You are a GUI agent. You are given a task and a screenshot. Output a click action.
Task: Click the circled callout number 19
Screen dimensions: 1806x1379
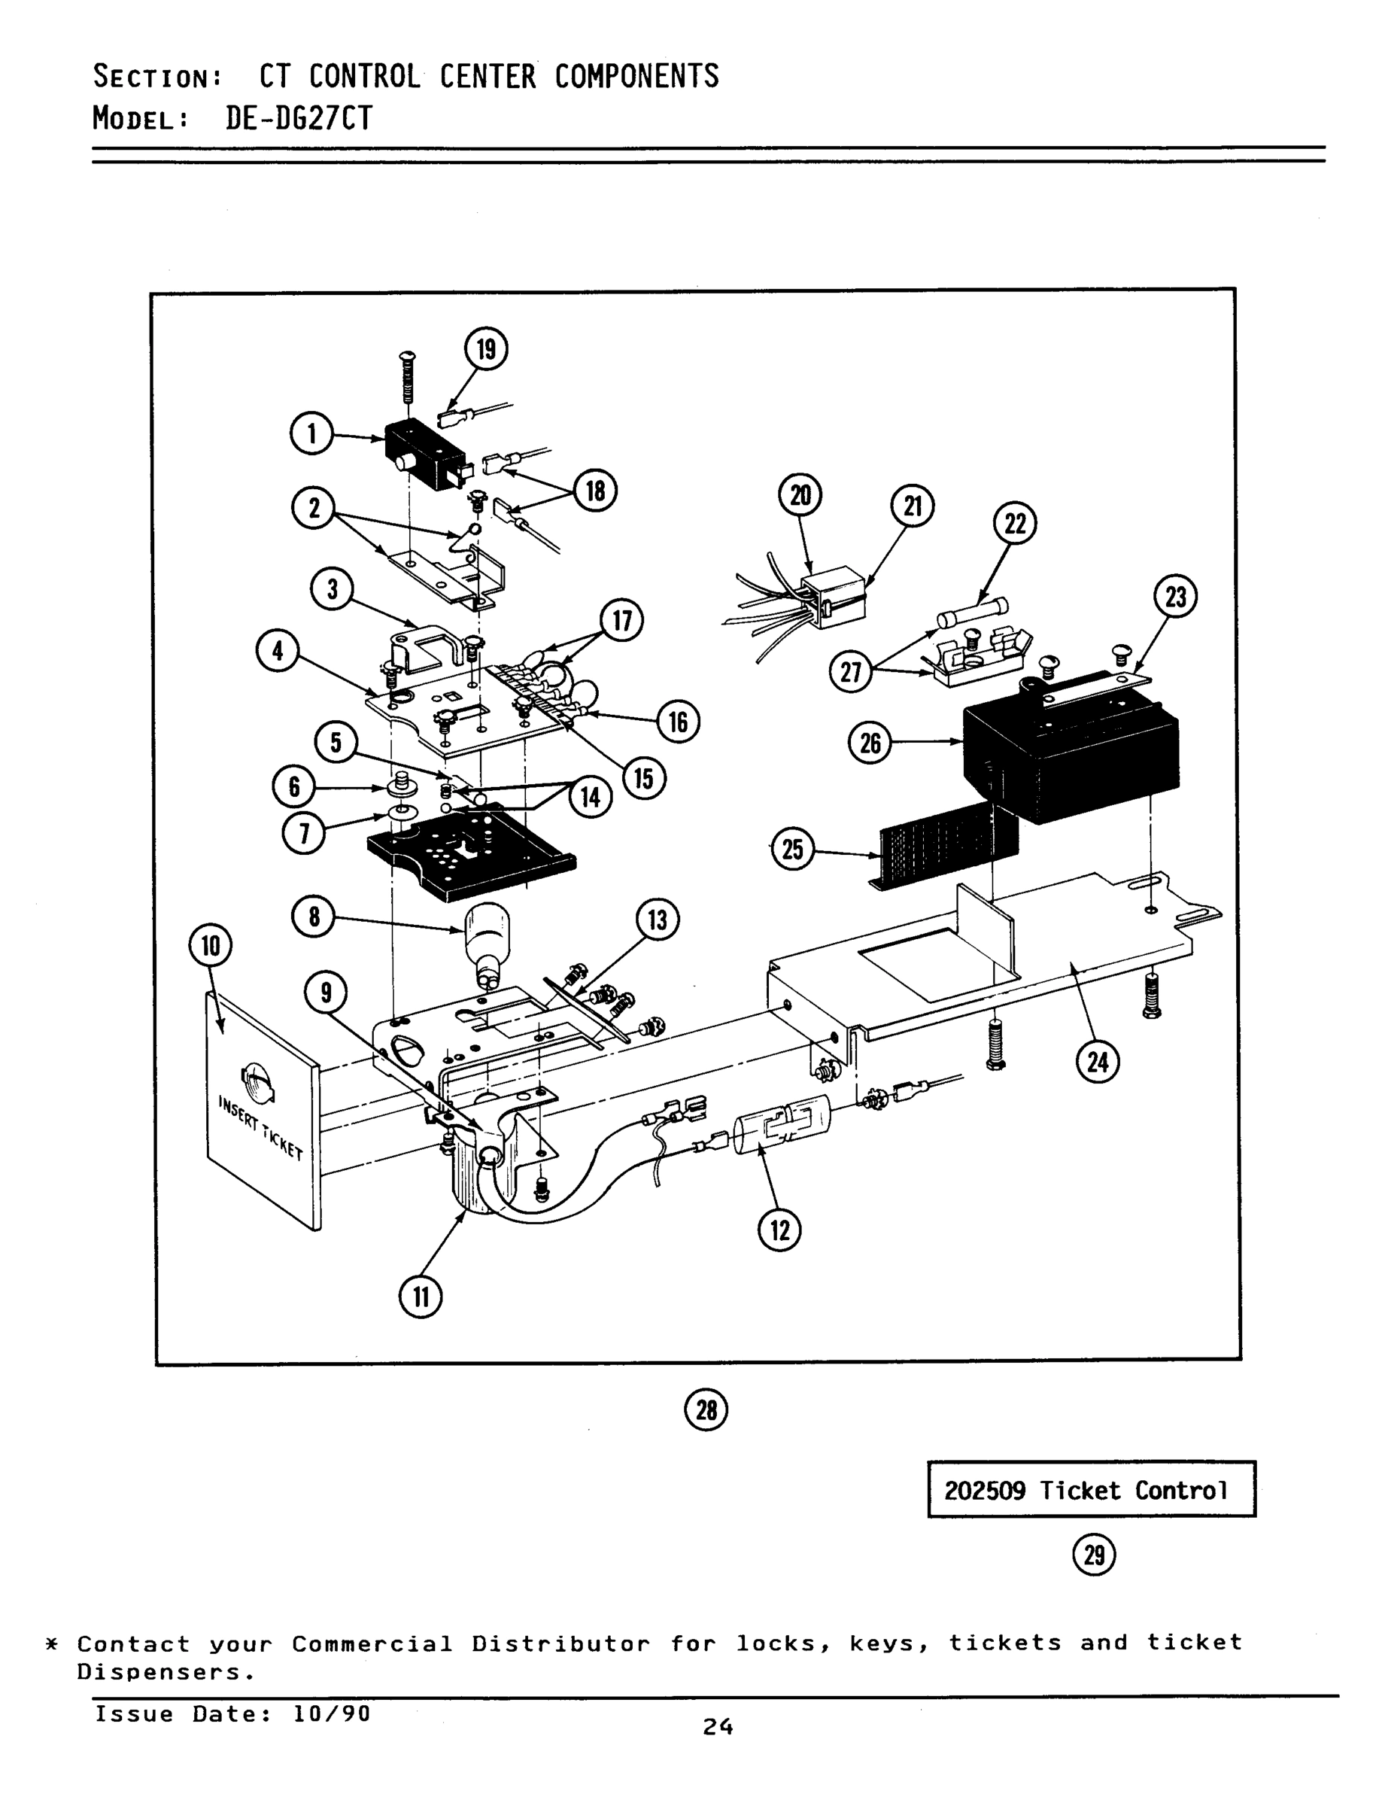[486, 349]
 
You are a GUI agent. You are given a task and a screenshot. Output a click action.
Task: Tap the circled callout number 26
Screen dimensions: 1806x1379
[870, 743]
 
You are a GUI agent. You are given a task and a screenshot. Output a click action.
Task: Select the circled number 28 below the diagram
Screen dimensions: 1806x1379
[706, 1409]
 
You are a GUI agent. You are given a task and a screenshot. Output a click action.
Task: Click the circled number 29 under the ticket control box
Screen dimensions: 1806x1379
[1094, 1555]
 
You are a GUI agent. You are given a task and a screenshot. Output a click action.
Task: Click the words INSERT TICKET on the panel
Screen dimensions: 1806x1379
[261, 1126]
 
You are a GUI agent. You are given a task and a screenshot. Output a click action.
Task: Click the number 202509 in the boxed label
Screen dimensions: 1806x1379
[984, 1490]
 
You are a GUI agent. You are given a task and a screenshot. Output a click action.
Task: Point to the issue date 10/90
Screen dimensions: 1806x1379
[331, 1714]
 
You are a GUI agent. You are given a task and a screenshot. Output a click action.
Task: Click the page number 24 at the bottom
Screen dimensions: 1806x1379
[718, 1727]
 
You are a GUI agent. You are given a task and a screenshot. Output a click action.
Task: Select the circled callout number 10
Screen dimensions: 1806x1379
[211, 946]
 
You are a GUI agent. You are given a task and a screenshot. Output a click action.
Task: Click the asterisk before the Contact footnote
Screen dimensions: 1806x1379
[52, 1644]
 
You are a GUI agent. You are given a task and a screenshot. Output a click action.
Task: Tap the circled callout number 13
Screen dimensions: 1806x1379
[658, 920]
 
